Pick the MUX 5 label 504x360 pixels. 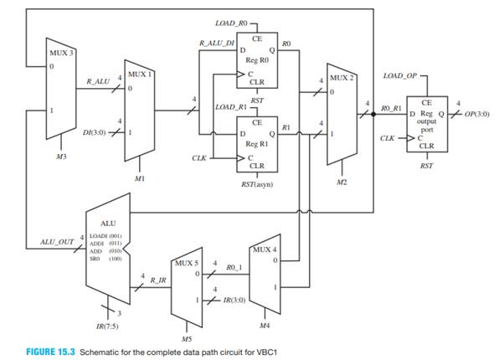tap(187, 261)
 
